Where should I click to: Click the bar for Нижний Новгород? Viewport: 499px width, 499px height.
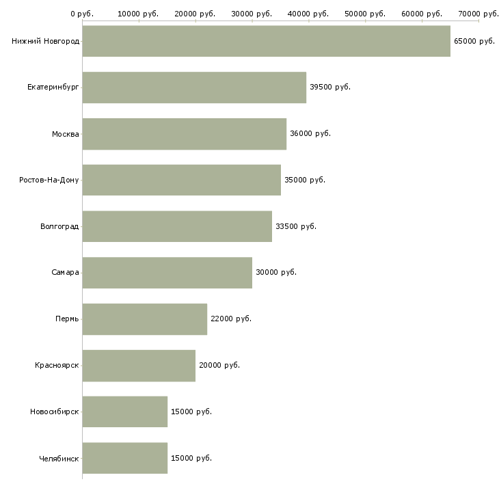tap(267, 41)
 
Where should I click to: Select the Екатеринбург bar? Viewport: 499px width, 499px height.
tap(194, 87)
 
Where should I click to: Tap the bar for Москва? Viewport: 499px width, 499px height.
tap(185, 134)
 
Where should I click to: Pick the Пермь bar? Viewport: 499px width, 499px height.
tap(145, 319)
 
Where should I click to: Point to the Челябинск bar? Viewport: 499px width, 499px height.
tap(124, 458)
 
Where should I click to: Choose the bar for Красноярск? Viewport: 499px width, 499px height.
tap(139, 366)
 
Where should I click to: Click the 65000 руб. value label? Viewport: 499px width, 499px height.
tap(474, 42)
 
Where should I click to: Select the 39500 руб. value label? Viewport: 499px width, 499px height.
tap(330, 87)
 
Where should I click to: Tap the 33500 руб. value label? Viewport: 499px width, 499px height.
tap(296, 226)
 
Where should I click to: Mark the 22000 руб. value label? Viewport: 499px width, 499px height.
tap(231, 319)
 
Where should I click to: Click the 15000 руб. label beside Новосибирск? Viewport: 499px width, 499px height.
tap(191, 412)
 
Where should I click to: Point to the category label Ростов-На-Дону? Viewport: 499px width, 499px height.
tap(49, 180)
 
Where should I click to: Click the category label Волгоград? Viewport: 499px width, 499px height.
tap(59, 226)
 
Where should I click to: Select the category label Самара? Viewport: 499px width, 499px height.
tap(65, 273)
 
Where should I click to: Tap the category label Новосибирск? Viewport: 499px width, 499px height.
tap(55, 412)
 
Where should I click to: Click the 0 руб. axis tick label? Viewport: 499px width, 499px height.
tap(82, 14)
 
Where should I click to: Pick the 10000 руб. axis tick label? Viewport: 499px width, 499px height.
tap(138, 14)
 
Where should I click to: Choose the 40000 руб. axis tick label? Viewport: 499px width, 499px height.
tap(308, 14)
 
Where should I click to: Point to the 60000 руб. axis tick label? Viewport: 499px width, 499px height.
tap(422, 14)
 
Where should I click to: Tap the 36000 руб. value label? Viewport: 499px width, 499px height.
tap(310, 134)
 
